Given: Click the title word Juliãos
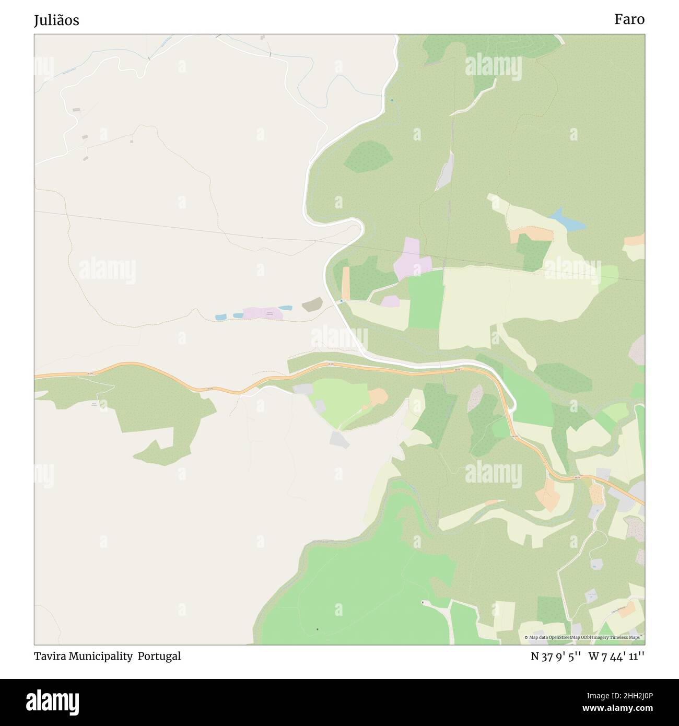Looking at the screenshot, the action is point(56,20).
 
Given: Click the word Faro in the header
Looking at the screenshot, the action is point(629,19).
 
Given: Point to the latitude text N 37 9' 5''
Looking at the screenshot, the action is point(556,657).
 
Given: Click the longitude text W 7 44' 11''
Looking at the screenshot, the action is point(616,657).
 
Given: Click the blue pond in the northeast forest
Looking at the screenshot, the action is point(567,221).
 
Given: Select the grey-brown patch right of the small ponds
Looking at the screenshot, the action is point(312,305).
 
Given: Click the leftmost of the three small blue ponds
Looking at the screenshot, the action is point(220,317).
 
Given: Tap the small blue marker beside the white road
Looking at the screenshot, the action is point(341,301).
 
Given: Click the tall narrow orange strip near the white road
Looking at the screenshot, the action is point(346,283).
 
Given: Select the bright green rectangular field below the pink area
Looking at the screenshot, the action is point(425,299).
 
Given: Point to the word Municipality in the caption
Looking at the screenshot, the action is point(102,656).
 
